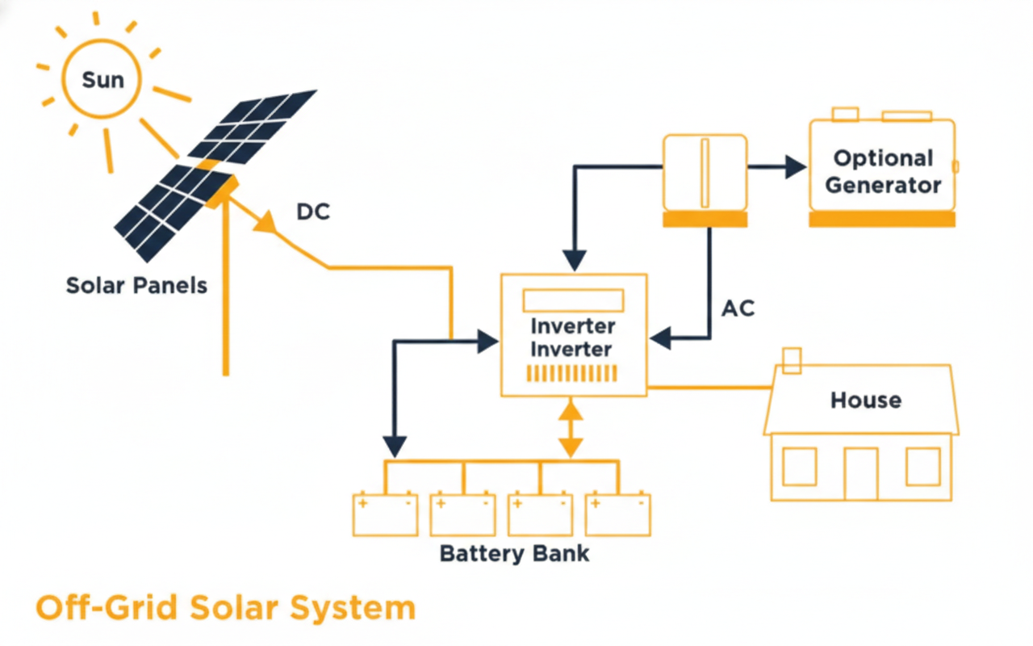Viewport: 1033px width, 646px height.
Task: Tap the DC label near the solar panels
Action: (314, 212)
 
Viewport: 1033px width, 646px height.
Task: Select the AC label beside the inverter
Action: (738, 308)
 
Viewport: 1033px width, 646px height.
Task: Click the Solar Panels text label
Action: (136, 285)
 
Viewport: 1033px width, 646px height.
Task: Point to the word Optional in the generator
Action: (883, 158)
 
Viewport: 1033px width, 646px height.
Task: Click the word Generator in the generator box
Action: (883, 185)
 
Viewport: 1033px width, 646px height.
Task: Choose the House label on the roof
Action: (866, 400)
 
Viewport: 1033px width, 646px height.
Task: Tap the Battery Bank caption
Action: (514, 554)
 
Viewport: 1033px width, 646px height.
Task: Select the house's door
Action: (860, 472)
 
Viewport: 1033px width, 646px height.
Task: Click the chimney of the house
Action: (793, 360)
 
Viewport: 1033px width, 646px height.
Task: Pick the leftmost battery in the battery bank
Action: (385, 514)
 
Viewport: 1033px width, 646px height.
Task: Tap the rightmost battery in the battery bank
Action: (618, 514)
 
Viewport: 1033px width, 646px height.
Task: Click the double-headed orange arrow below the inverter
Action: (571, 428)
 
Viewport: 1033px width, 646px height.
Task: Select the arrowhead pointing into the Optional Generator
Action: (796, 167)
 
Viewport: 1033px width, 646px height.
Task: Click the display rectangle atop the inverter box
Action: (573, 301)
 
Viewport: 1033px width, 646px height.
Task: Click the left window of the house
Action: (799, 466)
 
